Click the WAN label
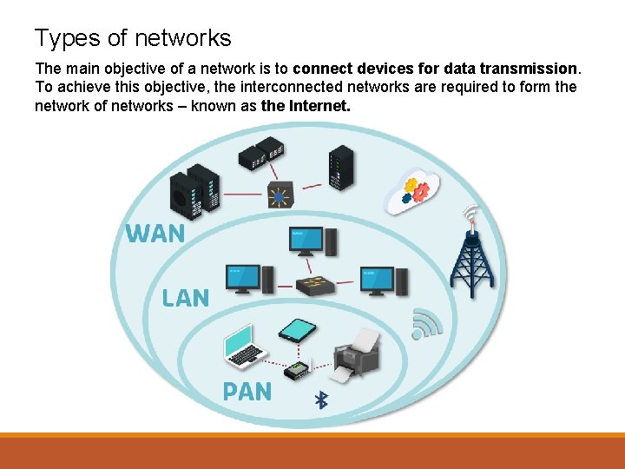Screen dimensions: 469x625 pos(155,234)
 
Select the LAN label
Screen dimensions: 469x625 pos(185,298)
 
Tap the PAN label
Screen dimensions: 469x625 pos(247,392)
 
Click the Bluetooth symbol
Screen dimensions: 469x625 pos(319,400)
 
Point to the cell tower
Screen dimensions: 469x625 pos(471,256)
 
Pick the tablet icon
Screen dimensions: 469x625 pos(297,330)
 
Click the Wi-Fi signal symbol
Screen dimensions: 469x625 pos(425,323)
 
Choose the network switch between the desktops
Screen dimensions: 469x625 pos(313,286)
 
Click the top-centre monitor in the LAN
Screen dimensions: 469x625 pos(307,241)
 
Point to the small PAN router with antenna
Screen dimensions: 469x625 pos(298,368)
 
